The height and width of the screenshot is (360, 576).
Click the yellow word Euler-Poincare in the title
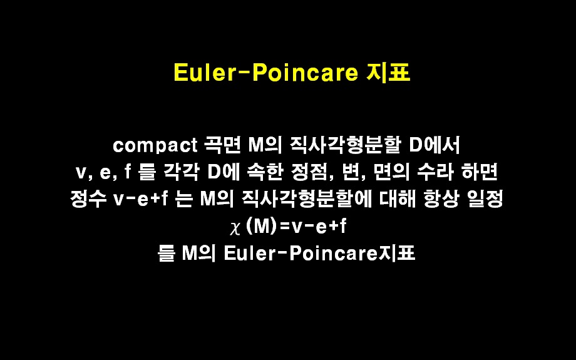coord(266,73)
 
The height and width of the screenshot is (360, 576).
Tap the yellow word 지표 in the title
coord(388,73)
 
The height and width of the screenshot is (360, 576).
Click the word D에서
coord(435,145)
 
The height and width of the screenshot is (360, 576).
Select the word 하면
coord(480,172)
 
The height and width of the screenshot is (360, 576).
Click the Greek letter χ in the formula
coord(235,228)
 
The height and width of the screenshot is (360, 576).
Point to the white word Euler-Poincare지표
coord(319,253)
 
